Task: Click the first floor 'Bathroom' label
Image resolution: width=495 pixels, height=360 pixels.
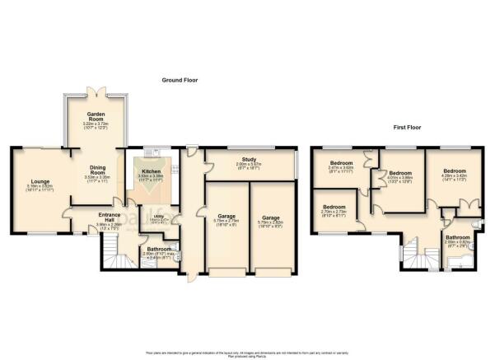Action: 457,237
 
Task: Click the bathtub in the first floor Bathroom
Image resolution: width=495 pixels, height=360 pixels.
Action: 457,263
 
